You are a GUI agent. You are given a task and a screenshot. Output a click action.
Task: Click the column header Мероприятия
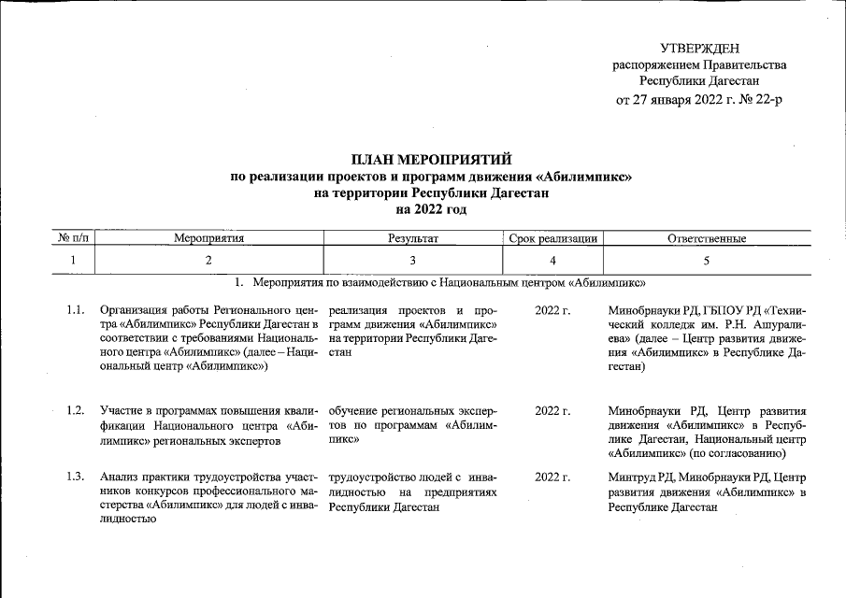pyautogui.click(x=208, y=239)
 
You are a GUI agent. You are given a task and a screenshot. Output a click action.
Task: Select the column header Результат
pyautogui.click(x=412, y=239)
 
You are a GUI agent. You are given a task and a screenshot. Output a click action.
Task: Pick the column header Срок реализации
pyautogui.click(x=553, y=239)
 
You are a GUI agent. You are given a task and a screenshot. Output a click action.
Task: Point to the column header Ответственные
pyautogui.click(x=706, y=239)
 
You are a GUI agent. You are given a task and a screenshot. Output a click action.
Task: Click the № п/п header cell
pyautogui.click(x=71, y=239)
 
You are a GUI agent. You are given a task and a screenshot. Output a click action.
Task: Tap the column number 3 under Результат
pyautogui.click(x=412, y=260)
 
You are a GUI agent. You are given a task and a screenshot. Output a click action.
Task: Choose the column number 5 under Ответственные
pyautogui.click(x=706, y=260)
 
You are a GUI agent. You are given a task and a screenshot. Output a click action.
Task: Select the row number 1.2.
pyautogui.click(x=77, y=409)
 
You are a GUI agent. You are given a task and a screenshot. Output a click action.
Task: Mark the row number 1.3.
pyautogui.click(x=77, y=477)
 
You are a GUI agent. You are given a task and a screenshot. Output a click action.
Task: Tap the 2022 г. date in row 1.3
pyautogui.click(x=552, y=477)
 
